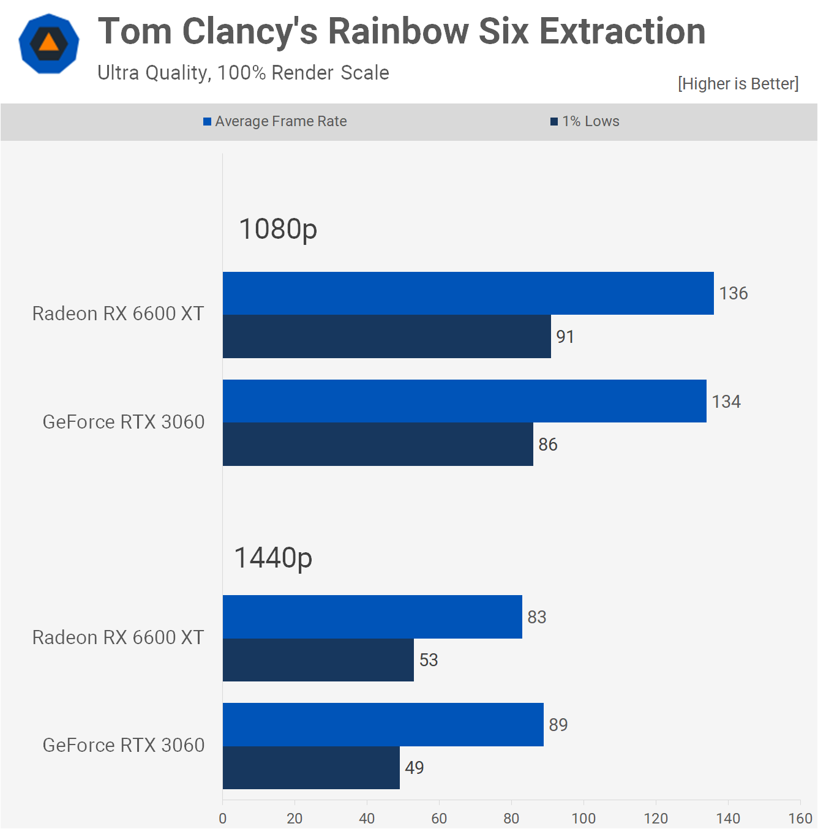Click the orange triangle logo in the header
(x=49, y=43)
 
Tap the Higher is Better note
(x=738, y=83)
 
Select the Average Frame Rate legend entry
(x=276, y=121)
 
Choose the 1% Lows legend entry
(x=585, y=121)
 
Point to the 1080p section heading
(x=278, y=229)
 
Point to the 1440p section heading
(x=273, y=558)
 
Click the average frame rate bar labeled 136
(x=468, y=293)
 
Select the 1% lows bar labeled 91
(x=386, y=337)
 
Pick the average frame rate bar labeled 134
(x=464, y=401)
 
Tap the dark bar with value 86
(x=378, y=445)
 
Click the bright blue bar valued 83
(x=372, y=617)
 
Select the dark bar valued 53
(x=318, y=660)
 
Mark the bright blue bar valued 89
(x=383, y=724)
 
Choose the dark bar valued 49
(x=311, y=768)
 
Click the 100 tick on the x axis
(x=583, y=818)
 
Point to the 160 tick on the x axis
(x=800, y=818)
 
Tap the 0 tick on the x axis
(x=223, y=818)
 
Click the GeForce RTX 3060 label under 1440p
(x=123, y=745)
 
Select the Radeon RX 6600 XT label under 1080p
(x=118, y=313)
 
